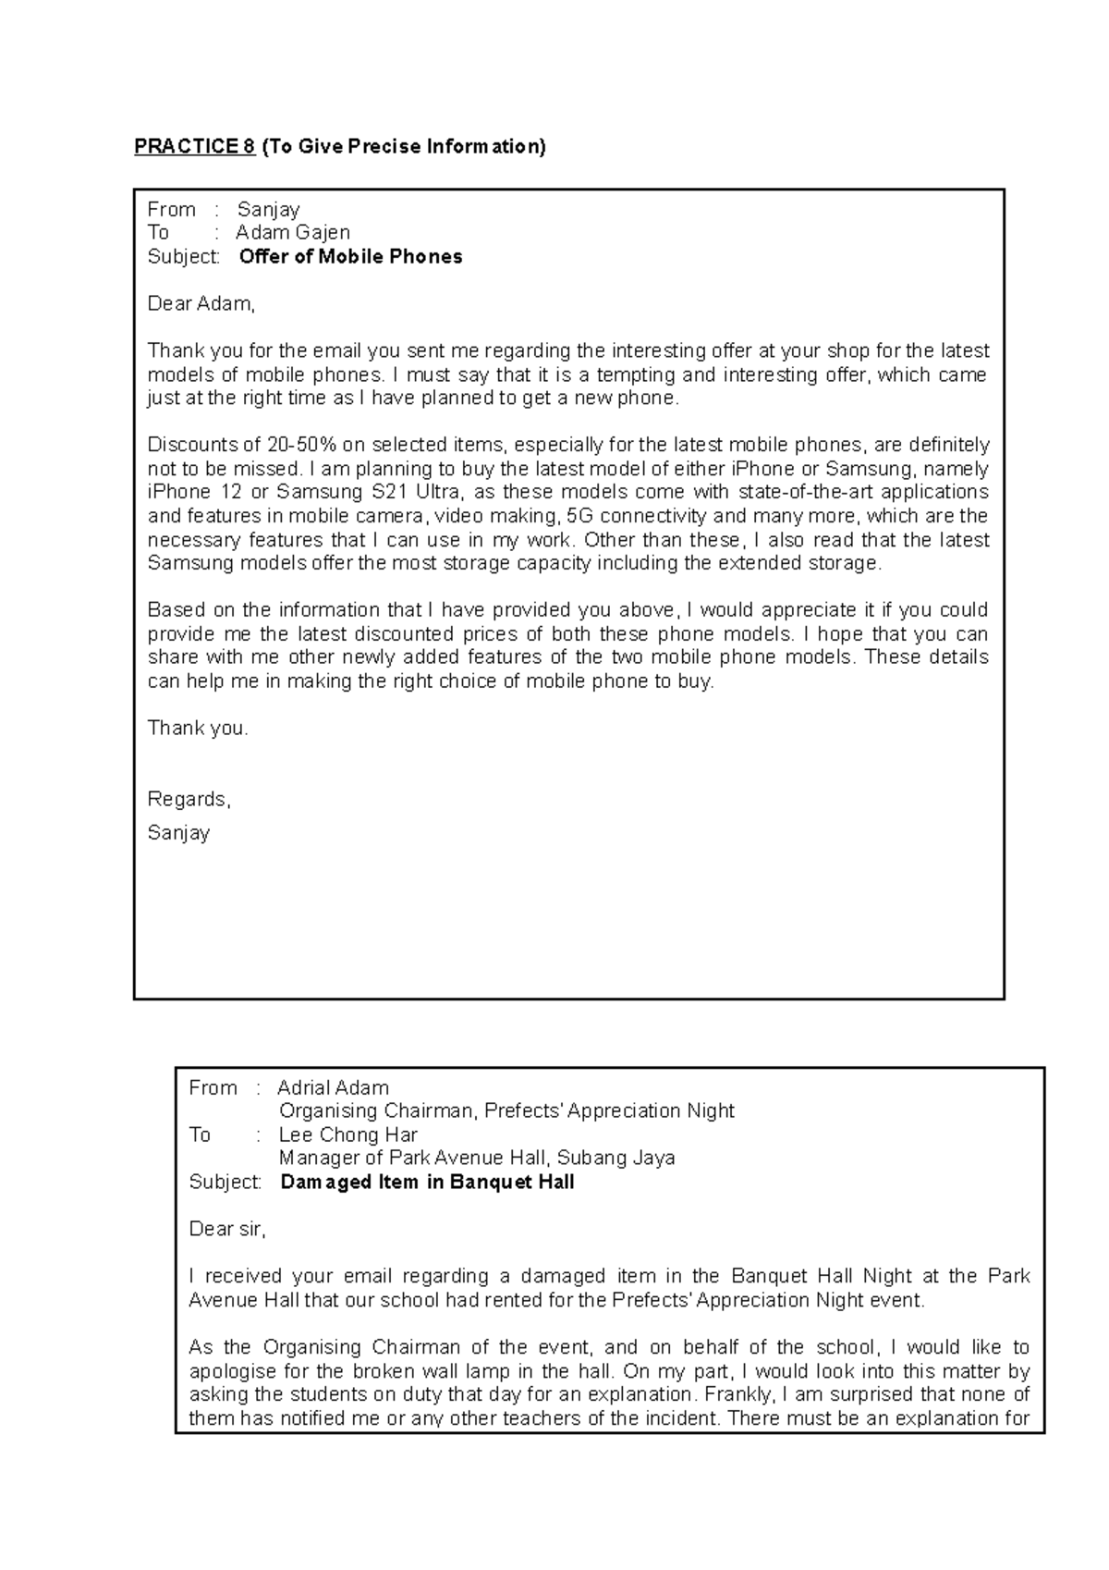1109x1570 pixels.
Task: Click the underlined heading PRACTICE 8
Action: click(195, 147)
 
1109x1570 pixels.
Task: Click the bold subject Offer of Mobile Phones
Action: click(350, 257)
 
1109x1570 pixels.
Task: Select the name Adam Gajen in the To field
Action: click(292, 233)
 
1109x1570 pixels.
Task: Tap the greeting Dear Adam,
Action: click(201, 303)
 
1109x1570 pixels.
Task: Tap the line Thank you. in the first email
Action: click(198, 729)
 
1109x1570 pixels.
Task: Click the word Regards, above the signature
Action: click(189, 800)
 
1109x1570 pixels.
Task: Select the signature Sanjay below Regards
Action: click(178, 833)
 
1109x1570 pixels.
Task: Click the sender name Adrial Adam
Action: click(333, 1088)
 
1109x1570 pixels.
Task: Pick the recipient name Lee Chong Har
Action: click(347, 1135)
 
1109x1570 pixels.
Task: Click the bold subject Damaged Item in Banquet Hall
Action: click(427, 1183)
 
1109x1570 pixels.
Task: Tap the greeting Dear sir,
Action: click(227, 1230)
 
